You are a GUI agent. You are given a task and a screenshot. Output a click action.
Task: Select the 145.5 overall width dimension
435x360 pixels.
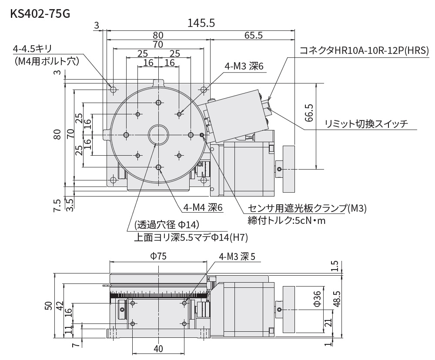(201, 23)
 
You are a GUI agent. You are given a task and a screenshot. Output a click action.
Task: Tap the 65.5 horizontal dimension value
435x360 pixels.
(254, 35)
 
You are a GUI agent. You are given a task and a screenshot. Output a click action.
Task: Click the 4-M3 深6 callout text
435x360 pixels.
(244, 66)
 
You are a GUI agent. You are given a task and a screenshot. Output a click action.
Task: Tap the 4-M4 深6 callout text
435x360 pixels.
(203, 208)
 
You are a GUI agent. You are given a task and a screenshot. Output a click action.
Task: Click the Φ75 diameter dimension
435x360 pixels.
(158, 257)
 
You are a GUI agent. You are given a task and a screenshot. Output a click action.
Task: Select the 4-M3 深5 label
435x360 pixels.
(237, 257)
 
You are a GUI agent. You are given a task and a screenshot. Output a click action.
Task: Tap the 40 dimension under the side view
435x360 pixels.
(158, 349)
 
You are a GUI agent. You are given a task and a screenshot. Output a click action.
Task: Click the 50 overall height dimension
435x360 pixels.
(49, 306)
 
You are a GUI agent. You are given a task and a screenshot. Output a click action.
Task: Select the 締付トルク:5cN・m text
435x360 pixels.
(286, 220)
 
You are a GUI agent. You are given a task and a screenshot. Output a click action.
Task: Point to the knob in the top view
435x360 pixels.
(288, 169)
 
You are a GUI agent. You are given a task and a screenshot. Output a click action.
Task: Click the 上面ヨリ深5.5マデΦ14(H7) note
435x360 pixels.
(191, 237)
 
